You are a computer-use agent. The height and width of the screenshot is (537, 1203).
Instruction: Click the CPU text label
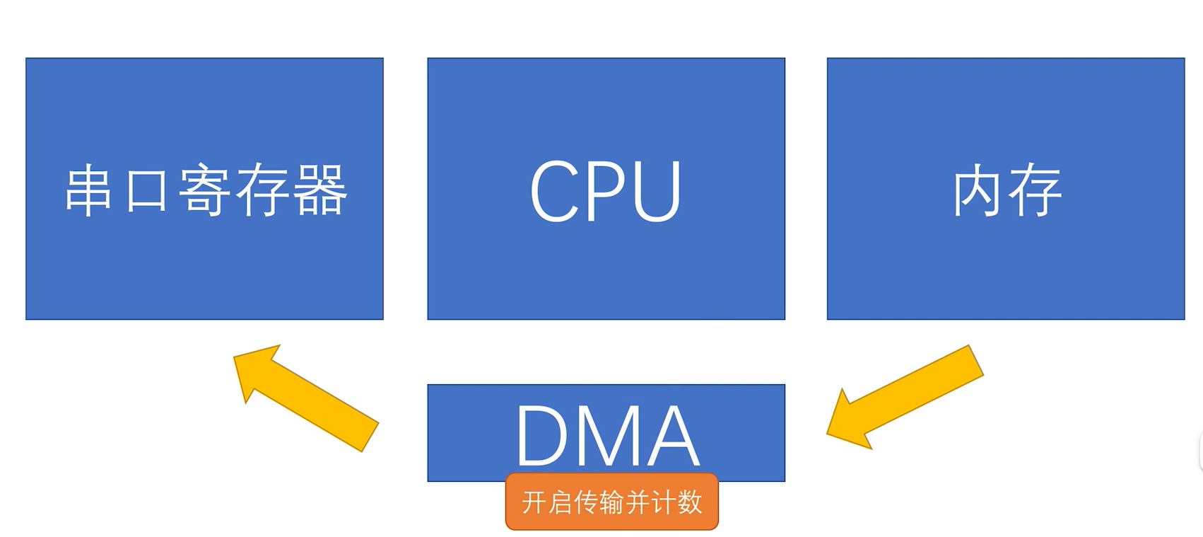[606, 190]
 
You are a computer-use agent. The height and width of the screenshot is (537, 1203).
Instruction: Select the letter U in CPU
[656, 192]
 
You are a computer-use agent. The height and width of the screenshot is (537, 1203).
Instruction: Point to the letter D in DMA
[541, 435]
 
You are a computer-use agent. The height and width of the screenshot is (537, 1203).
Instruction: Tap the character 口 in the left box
[146, 191]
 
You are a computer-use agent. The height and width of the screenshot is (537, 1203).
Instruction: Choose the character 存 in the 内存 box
[1035, 191]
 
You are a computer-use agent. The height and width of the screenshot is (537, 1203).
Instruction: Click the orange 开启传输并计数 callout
[612, 502]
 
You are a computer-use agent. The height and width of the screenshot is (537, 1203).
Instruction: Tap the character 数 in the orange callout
[688, 502]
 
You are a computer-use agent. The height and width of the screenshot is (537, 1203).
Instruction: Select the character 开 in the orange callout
[534, 502]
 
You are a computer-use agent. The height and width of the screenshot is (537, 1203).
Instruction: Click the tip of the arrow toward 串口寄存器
[237, 357]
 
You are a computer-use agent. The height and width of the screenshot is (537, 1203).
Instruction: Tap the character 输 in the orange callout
[611, 502]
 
